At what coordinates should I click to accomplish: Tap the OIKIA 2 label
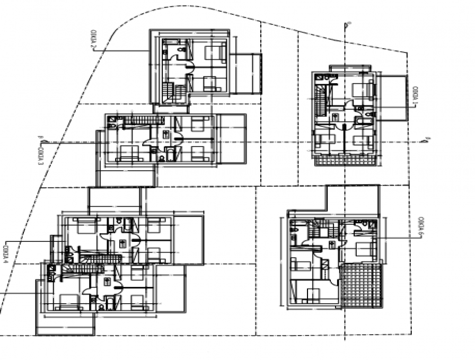(92, 40)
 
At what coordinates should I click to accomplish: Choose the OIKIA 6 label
(420, 226)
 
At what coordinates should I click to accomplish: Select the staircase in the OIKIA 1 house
(320, 100)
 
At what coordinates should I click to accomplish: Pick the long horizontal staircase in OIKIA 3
(138, 122)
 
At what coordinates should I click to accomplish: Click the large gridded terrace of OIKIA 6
(362, 286)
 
